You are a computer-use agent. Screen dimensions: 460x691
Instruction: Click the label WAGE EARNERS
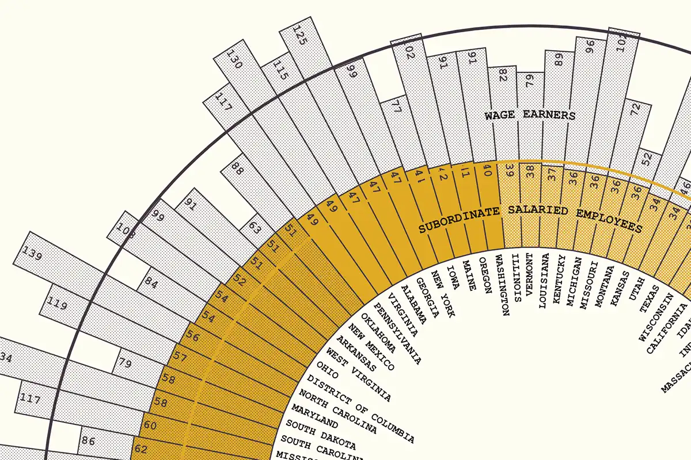coord(530,116)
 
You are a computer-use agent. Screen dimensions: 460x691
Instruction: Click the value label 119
coord(57,304)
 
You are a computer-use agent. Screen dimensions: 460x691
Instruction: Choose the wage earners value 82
coord(502,76)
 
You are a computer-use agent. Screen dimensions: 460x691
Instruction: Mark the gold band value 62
coord(141,447)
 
